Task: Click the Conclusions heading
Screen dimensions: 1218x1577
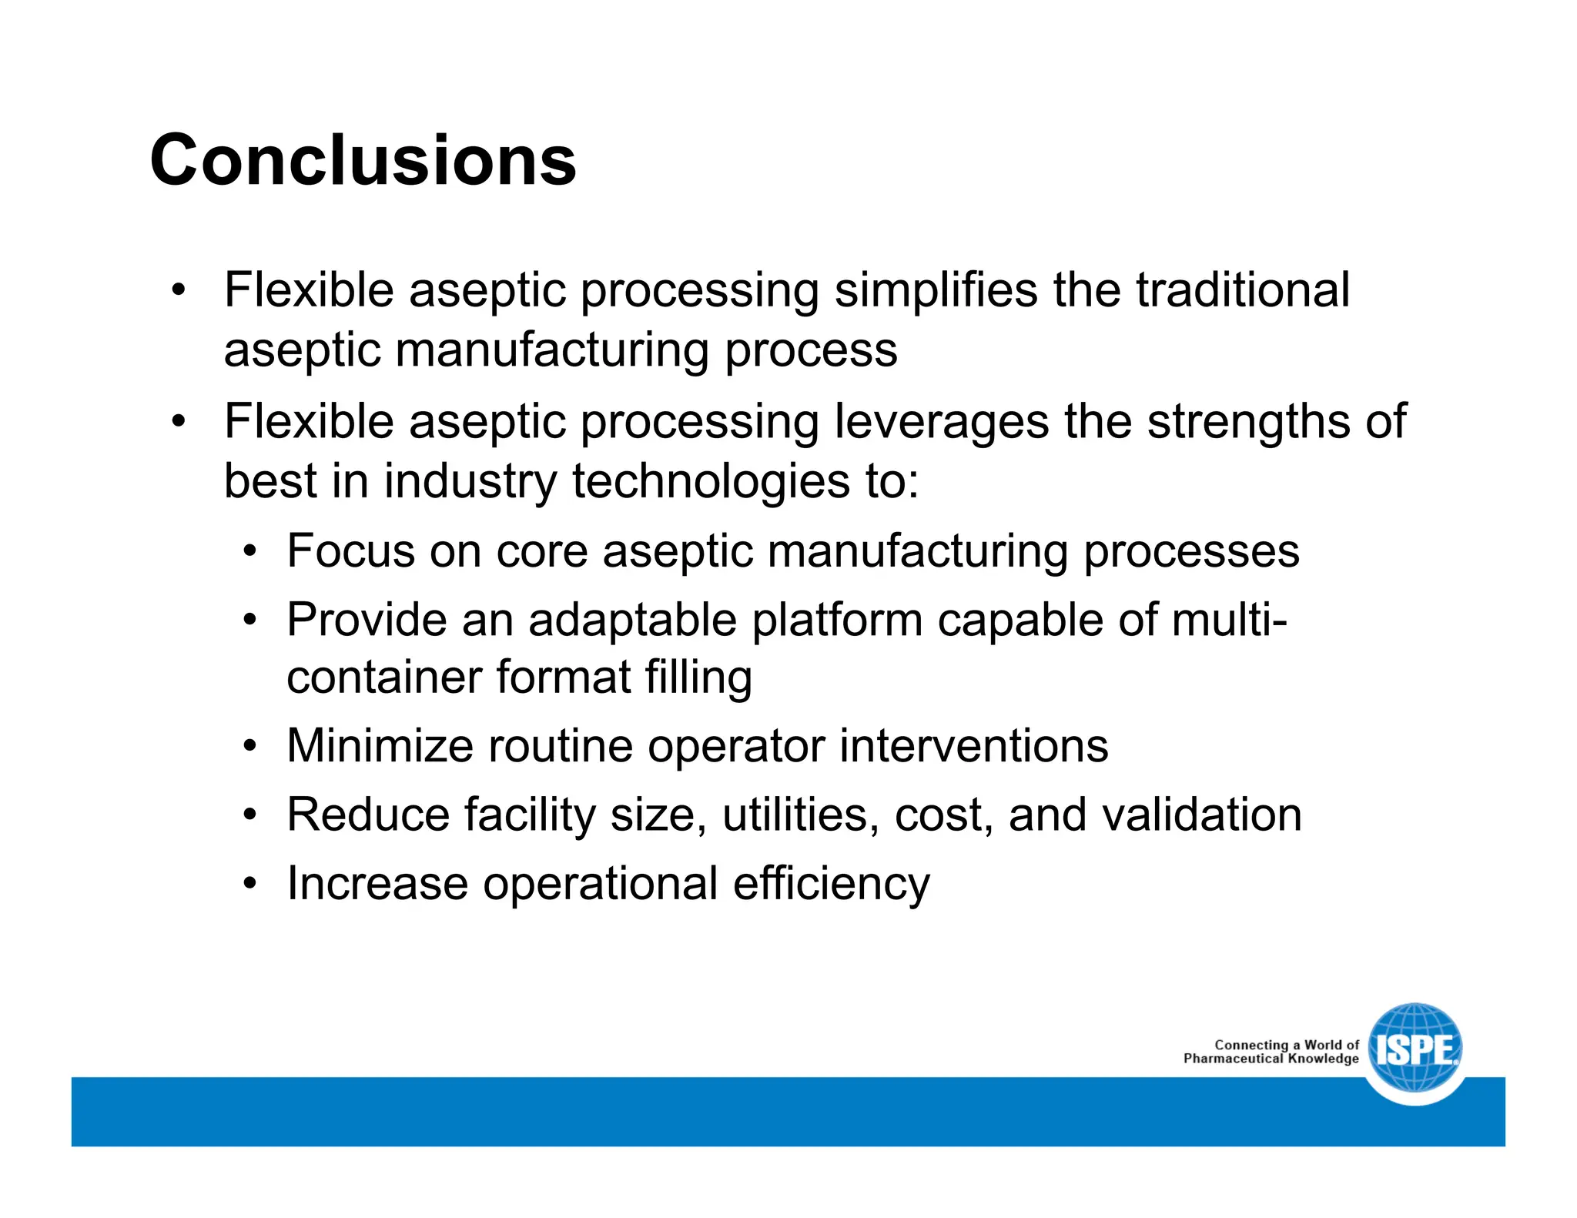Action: coord(363,160)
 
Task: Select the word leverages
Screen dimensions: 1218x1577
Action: coord(942,423)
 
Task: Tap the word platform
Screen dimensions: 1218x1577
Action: coord(837,621)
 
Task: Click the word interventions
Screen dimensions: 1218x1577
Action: coord(973,746)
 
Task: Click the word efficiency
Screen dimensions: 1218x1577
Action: coord(831,884)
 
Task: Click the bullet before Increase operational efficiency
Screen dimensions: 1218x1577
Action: coord(249,883)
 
